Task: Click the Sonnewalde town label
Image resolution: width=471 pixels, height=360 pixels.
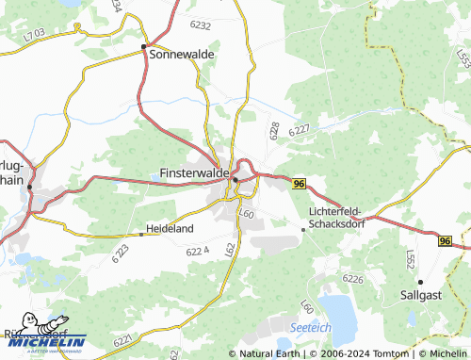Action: point(183,55)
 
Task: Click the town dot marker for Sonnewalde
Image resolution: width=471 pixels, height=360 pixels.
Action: point(143,46)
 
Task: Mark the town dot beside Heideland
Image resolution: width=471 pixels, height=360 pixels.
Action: point(140,228)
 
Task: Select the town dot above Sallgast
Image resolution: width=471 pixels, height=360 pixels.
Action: point(420,281)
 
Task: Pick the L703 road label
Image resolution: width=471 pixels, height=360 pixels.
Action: point(35,36)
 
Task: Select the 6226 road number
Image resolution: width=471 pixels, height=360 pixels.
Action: point(353,279)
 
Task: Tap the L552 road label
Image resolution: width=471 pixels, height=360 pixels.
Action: point(409,257)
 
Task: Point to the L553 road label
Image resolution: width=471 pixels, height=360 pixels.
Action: point(461,57)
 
